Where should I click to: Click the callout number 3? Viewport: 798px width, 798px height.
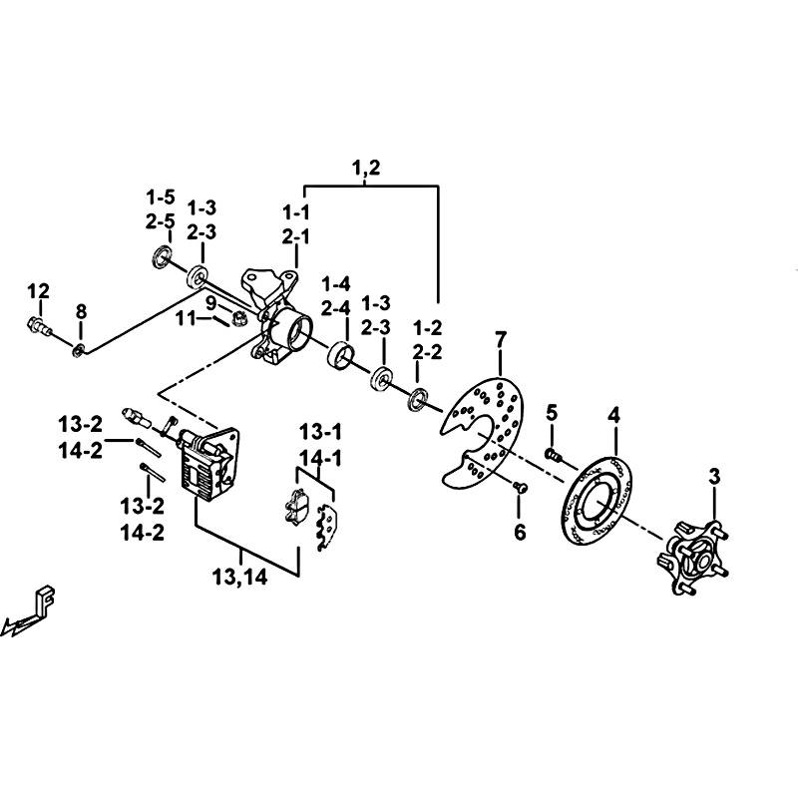(x=714, y=477)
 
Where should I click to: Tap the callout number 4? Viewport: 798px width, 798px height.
(x=614, y=414)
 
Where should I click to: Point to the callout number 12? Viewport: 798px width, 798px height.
(x=38, y=290)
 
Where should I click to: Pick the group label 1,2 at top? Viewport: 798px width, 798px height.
(x=367, y=169)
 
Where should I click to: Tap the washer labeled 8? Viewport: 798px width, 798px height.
(x=79, y=348)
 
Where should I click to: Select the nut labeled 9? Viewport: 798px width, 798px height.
(x=240, y=318)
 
